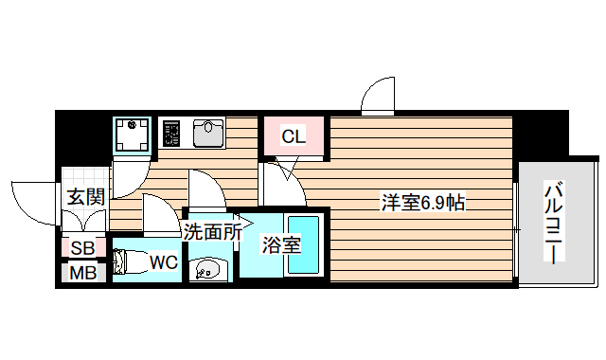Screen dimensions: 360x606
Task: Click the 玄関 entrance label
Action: click(85, 198)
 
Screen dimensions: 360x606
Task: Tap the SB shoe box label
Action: click(82, 248)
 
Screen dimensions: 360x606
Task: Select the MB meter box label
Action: click(82, 273)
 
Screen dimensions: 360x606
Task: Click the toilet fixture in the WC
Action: click(127, 261)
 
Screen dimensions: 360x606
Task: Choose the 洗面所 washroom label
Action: click(210, 229)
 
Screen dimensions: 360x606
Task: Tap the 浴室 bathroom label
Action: click(281, 244)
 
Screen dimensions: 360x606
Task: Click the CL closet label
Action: click(294, 136)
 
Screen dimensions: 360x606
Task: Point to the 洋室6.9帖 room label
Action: click(422, 203)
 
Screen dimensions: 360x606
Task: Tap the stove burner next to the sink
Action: click(172, 133)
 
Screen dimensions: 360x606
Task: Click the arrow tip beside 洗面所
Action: click(249, 228)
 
